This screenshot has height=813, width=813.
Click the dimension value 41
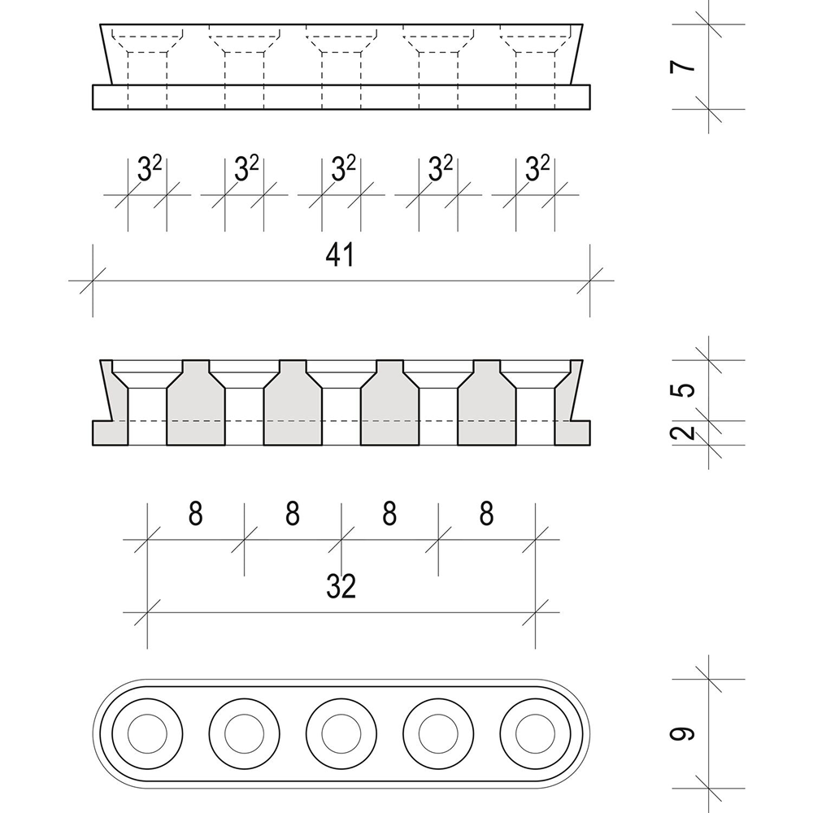click(340, 255)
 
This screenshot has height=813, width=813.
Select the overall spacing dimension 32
click(341, 585)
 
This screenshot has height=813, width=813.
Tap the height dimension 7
click(687, 63)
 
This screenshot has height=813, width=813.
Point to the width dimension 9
click(687, 734)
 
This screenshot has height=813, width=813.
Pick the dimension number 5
click(687, 389)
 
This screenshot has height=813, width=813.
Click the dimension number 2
click(687, 431)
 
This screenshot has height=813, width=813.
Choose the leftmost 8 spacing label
click(195, 514)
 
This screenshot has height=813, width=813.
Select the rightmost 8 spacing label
click(486, 514)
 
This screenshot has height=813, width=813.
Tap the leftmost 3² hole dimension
click(149, 169)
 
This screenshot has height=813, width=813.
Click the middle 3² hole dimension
click(343, 169)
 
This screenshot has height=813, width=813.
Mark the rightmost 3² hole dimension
click(537, 169)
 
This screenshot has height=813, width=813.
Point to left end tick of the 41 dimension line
click(92, 281)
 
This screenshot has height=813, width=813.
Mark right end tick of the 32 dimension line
click(536, 611)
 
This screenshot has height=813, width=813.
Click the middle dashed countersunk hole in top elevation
click(341, 57)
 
